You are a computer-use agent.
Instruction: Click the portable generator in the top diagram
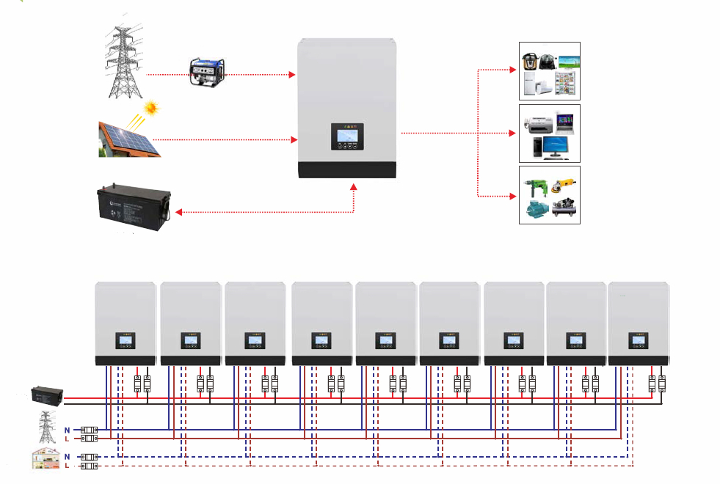[x=209, y=70]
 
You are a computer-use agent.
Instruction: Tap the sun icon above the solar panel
[x=151, y=109]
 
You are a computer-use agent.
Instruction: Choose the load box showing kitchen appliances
[x=550, y=71]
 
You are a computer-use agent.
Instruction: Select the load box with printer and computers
[x=550, y=133]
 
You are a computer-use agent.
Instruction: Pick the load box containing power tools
[x=550, y=195]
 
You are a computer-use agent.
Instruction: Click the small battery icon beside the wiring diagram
[x=46, y=395]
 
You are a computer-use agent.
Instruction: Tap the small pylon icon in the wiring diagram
[x=46, y=427]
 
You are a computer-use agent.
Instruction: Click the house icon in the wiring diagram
[x=46, y=459]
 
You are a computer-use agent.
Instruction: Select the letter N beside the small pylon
[x=68, y=429]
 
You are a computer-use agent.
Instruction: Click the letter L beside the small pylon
[x=68, y=439]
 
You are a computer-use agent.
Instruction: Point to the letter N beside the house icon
[x=68, y=456]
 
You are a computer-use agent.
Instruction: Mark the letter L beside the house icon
[x=68, y=466]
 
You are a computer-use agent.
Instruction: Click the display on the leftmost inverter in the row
[x=125, y=341]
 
